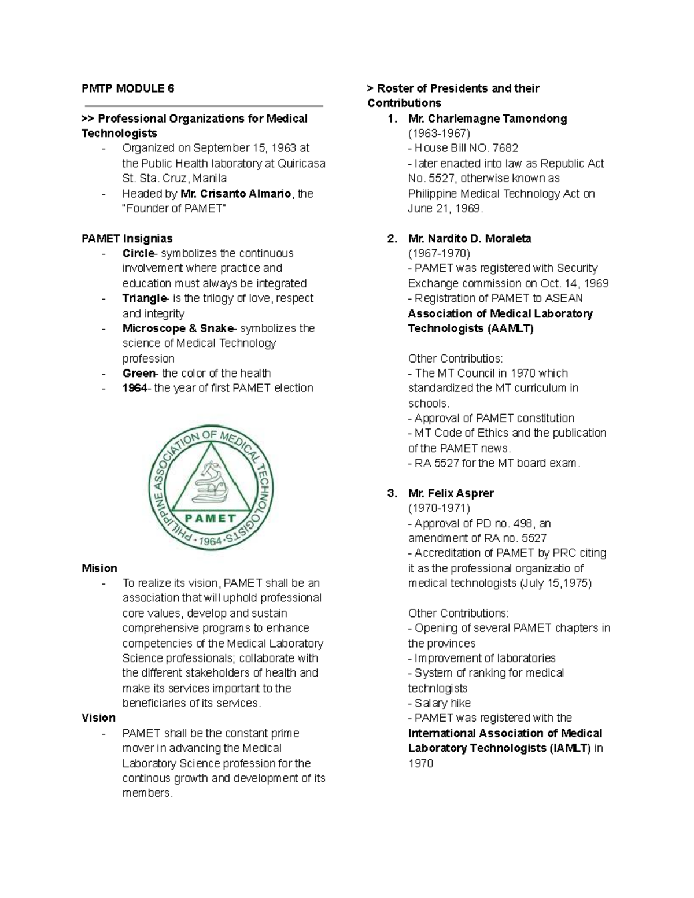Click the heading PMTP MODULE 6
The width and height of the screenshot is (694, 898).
tap(128, 88)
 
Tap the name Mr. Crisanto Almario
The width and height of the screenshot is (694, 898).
tap(235, 194)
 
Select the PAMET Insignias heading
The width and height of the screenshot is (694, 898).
tap(127, 238)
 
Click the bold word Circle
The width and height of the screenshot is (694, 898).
tap(138, 253)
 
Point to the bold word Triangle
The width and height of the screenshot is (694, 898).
tap(144, 298)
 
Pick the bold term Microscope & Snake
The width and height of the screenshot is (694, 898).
tap(178, 328)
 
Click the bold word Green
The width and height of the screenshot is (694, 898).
tap(139, 374)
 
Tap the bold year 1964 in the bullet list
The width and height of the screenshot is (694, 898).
tap(134, 388)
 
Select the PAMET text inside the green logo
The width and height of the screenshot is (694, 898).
tap(211, 518)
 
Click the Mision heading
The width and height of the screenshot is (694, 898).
tap(99, 568)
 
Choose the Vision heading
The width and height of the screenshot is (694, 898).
tap(99, 718)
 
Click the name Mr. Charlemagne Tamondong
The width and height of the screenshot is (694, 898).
tap(487, 119)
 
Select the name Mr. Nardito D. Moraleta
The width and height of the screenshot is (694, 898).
tap(469, 238)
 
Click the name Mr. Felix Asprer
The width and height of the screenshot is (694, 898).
tap(451, 493)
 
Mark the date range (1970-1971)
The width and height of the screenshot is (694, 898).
tap(439, 508)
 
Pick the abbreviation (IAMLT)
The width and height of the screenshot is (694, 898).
tap(570, 748)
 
